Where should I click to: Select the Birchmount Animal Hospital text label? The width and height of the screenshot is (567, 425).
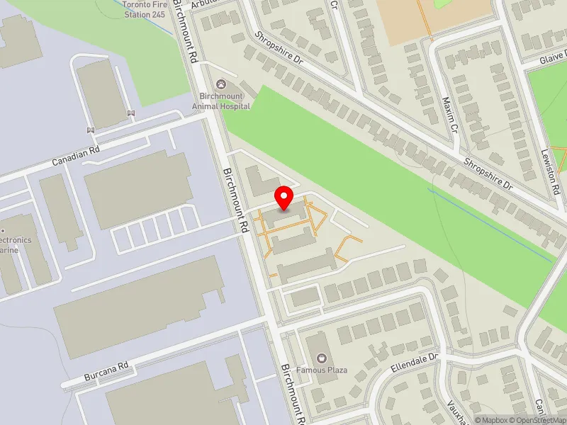pos(221,101)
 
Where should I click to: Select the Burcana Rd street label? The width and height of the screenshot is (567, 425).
pos(106,369)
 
